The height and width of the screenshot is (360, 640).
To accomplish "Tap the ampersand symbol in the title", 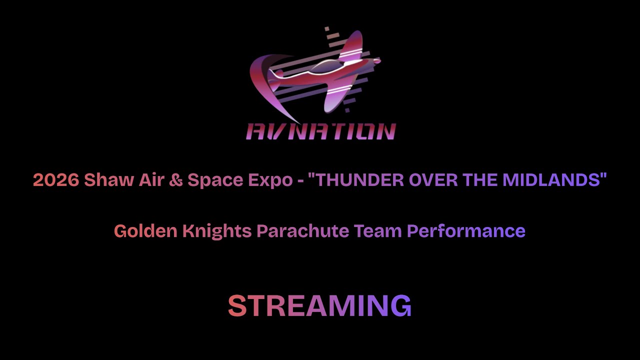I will pyautogui.click(x=175, y=180).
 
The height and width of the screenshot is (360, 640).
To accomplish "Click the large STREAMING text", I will pyautogui.click(x=320, y=305).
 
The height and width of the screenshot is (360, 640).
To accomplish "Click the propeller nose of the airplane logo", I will pyautogui.click(x=376, y=61).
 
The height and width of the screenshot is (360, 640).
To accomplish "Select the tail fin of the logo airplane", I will pyautogui.click(x=274, y=73).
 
